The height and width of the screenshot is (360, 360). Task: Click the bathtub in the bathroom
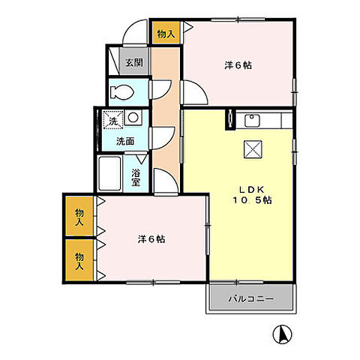coord(112,173)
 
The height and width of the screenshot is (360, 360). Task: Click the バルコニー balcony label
coord(250,299)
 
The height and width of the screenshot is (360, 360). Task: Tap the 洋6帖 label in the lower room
coord(151,240)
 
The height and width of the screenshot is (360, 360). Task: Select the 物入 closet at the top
coord(166,32)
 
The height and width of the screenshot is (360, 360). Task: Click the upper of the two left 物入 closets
coord(79,217)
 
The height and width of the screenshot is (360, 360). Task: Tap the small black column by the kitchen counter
coord(229,117)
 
